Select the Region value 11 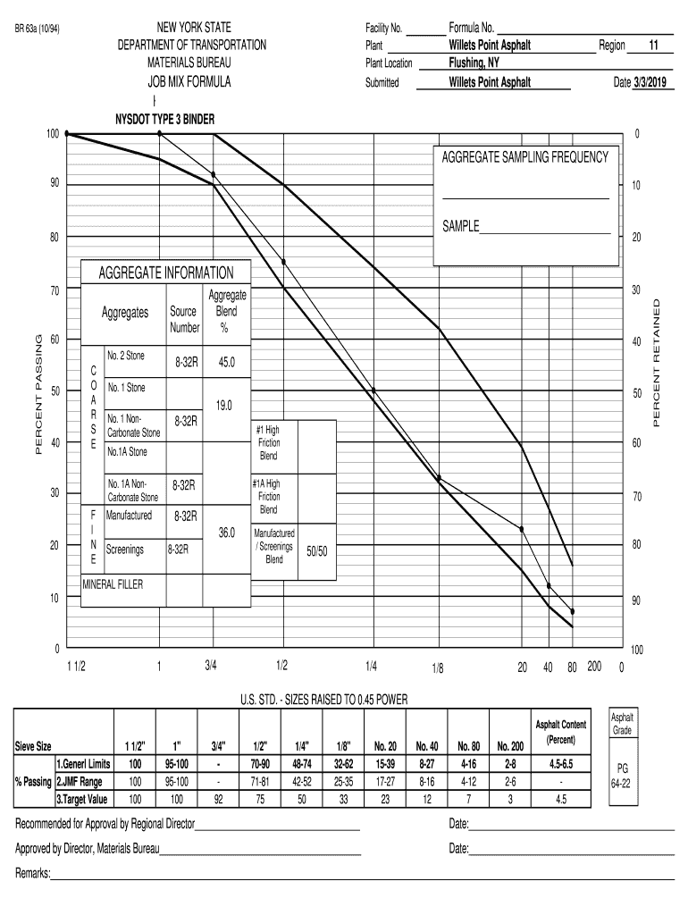click(652, 45)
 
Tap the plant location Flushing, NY click(474, 63)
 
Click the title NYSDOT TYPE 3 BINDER click(165, 119)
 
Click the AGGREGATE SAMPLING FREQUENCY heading click(524, 157)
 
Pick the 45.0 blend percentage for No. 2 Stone click(220, 364)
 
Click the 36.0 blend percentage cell click(226, 533)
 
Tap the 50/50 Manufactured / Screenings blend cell click(317, 551)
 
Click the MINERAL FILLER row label click(113, 584)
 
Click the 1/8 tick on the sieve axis click(438, 667)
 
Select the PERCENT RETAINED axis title click(658, 362)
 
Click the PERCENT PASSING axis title click(38, 393)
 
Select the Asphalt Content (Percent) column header click(560, 732)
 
